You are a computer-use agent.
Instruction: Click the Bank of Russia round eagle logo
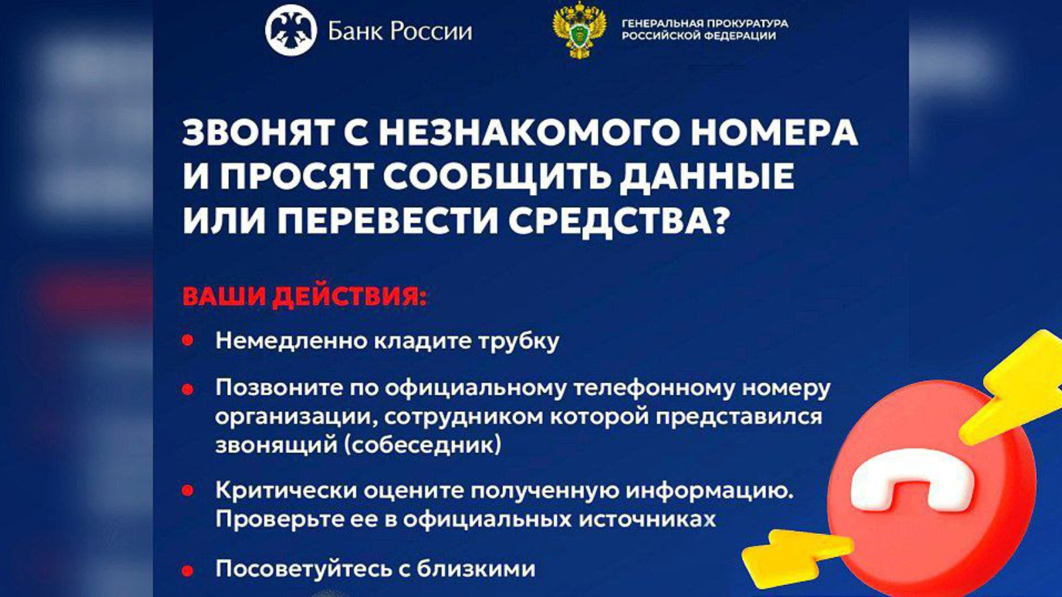291,31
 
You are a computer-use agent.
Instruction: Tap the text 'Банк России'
400,32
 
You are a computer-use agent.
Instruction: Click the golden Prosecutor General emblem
579,31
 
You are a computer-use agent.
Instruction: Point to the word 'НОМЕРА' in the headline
774,133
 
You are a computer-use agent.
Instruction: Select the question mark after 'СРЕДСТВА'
719,221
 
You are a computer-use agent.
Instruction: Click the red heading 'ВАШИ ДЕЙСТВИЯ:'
305,297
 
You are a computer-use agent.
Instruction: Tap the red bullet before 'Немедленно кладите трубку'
188,341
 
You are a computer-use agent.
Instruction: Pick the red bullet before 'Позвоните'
188,389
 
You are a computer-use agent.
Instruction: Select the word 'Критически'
286,491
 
